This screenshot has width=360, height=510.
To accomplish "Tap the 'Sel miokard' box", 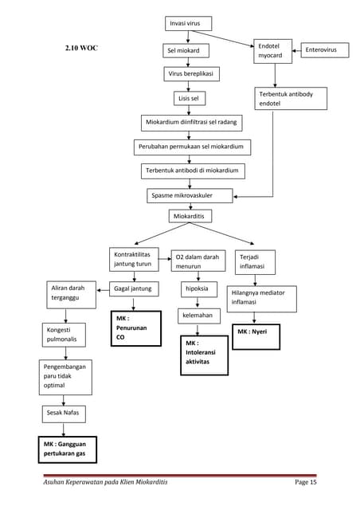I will tap(186, 51).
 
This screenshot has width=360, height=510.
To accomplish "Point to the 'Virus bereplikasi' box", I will tap(191, 74).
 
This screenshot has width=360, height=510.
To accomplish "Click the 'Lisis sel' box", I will tap(190, 99).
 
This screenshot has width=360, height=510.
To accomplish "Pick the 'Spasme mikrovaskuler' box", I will tap(190, 195).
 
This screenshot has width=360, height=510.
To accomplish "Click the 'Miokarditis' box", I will tap(190, 216).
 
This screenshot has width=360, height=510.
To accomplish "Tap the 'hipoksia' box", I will tap(194, 288).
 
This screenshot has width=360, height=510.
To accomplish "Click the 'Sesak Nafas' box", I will tap(64, 414).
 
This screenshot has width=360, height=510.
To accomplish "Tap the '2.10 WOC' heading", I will tap(83, 49).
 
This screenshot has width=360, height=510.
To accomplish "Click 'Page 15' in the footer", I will tap(306, 484).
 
